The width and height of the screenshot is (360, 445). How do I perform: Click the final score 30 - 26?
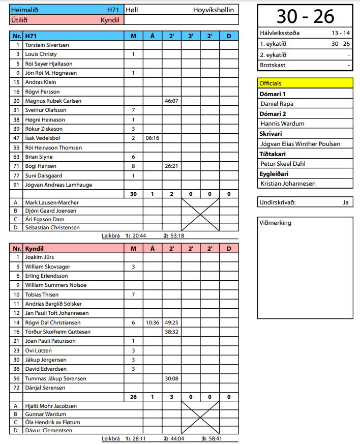pos(305,16)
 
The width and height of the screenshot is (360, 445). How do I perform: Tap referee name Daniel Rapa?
pos(277,104)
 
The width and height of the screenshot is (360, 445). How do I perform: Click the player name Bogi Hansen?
pos(41,166)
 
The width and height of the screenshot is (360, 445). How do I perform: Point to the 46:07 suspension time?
pos(171,101)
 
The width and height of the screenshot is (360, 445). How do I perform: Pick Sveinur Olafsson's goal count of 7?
pos(133,110)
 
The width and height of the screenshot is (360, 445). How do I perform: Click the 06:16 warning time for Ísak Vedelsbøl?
pos(152,138)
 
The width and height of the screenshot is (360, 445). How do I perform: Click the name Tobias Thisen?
pos(42,294)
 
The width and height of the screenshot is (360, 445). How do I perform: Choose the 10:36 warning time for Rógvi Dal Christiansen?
pos(152,322)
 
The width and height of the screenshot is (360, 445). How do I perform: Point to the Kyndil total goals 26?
pos(133,397)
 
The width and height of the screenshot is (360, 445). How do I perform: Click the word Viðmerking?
pos(275,223)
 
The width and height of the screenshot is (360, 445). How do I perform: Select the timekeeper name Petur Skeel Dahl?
pos(283,164)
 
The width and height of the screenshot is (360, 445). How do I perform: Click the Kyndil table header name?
pos(35,248)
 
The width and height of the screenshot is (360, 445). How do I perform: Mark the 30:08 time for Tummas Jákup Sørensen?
pos(171,378)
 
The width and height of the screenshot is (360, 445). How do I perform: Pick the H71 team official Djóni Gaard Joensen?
pos(51,211)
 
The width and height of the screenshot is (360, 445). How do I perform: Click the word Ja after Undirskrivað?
pos(345,202)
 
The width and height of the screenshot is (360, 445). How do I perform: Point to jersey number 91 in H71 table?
pos(17,185)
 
